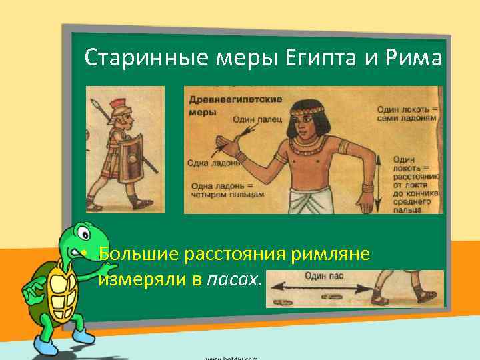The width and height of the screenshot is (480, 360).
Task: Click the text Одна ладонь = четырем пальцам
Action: (x=227, y=190)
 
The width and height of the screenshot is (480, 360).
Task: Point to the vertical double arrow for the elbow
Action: (x=379, y=180)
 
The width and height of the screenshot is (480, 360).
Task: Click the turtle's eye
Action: (x=82, y=235)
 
